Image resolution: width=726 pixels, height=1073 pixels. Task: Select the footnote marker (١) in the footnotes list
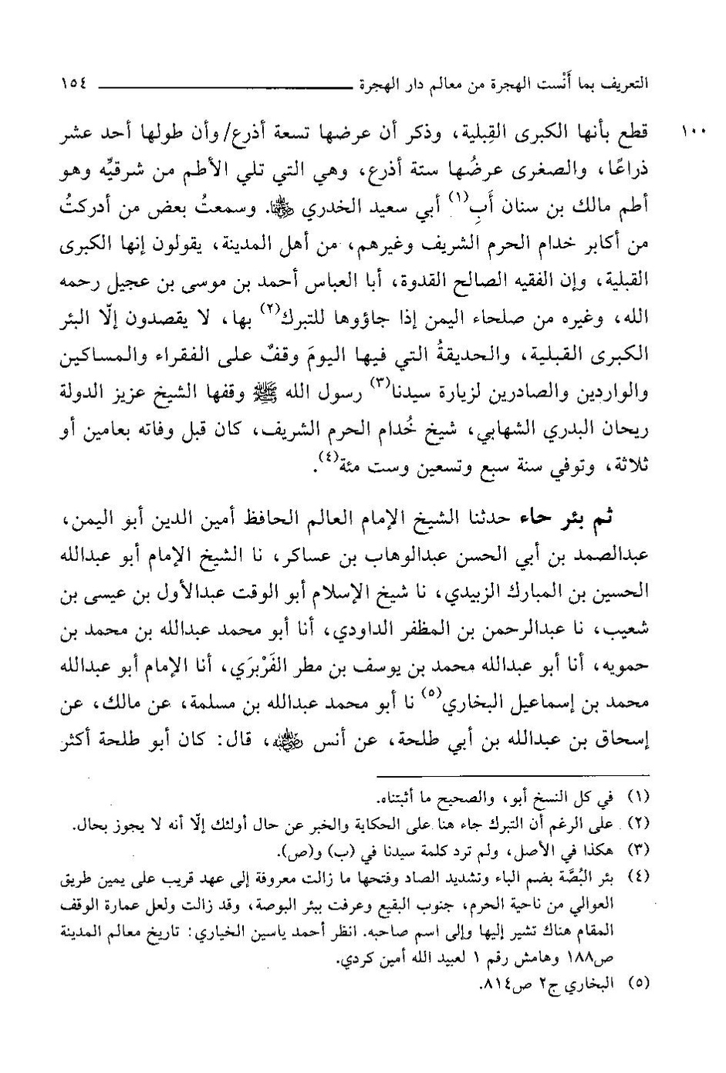[x=640, y=795]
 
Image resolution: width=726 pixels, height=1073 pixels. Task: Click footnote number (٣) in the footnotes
[x=640, y=850]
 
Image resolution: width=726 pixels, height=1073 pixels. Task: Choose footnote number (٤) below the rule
[x=640, y=876]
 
